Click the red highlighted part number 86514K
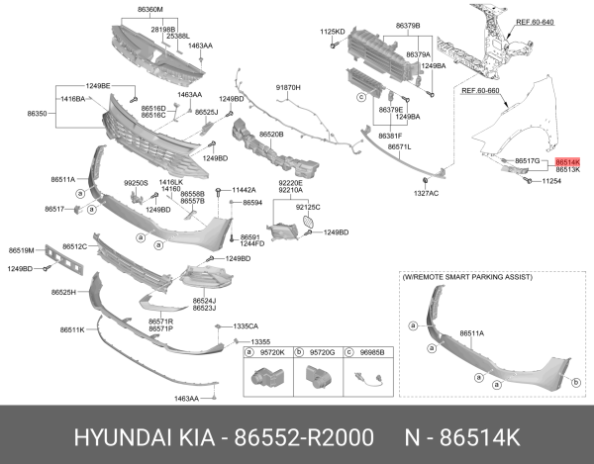pos(567,160)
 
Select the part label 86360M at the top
pos(149,9)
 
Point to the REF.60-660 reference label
pos(480,91)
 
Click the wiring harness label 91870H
pos(287,88)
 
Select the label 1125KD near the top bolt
pos(332,32)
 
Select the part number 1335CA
pos(245,325)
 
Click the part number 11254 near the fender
pos(551,182)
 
